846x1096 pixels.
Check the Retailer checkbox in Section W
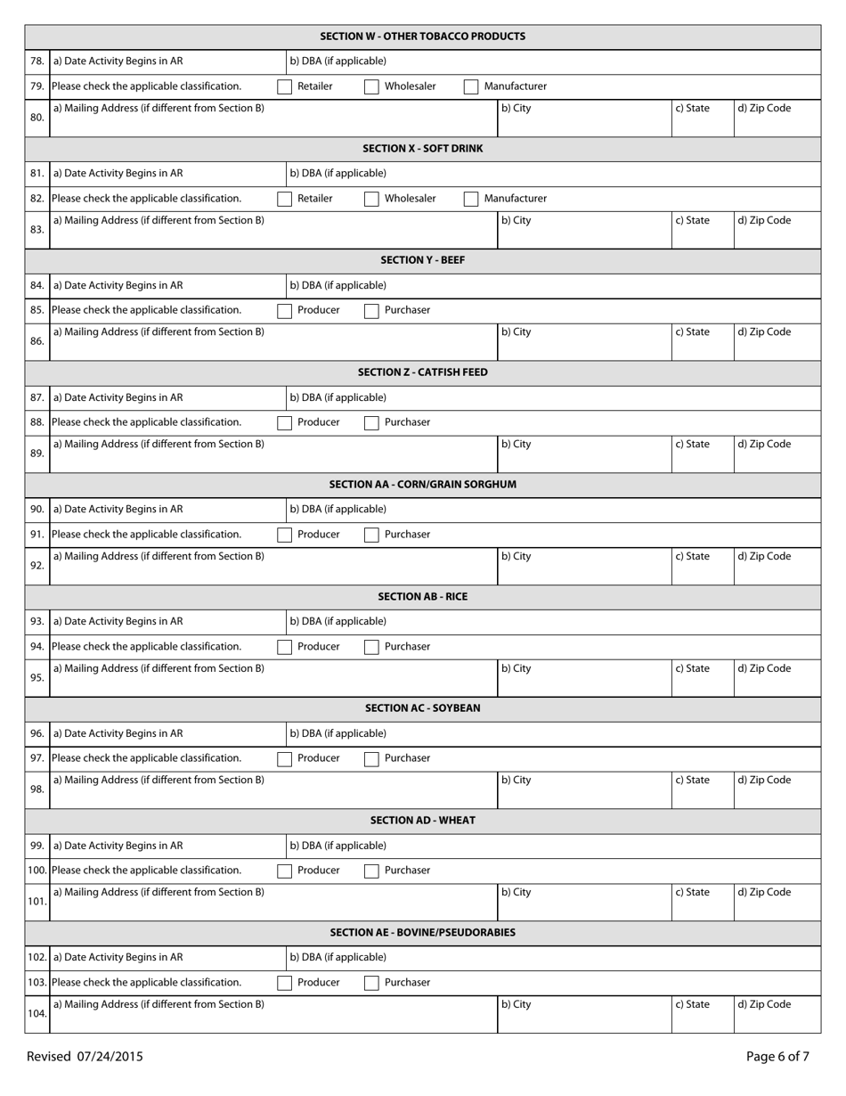tap(284, 86)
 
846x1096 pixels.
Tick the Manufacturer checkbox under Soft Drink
tap(471, 199)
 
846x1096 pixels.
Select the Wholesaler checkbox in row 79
tap(371, 86)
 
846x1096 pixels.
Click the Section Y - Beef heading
tap(422, 260)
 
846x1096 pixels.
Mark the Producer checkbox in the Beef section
tap(284, 311)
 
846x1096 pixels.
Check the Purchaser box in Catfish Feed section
tap(371, 422)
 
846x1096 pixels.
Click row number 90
tap(37, 510)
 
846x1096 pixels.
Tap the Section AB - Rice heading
tap(422, 596)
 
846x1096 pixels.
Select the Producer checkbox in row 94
tap(284, 647)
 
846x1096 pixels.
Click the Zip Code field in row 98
tap(777, 790)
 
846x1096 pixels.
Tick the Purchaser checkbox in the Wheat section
tap(371, 871)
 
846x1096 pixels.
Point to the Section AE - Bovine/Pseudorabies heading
tap(422, 932)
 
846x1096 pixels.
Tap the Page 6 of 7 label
tap(777, 1057)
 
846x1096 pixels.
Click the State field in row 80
tap(702, 119)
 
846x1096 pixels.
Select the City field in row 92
tap(583, 567)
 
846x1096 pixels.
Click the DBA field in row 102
tap(552, 958)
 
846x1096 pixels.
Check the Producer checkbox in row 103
tap(284, 983)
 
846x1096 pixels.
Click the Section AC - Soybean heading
tap(422, 708)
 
